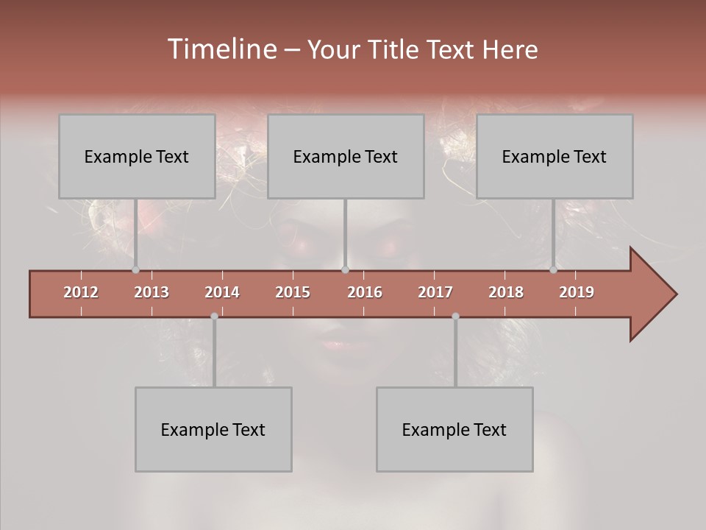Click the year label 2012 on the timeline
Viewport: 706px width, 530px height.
click(81, 292)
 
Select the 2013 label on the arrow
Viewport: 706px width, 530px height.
click(151, 292)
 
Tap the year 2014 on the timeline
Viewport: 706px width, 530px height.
click(222, 292)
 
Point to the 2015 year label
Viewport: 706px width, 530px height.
click(293, 292)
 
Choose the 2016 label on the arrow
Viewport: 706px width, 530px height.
click(365, 292)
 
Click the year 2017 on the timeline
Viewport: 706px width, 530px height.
click(435, 292)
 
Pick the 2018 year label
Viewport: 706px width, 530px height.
click(506, 292)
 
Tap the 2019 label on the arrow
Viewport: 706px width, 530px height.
click(577, 292)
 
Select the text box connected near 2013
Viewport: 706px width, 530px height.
click(137, 156)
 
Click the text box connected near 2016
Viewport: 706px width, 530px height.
click(346, 156)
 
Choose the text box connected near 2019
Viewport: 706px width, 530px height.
click(555, 156)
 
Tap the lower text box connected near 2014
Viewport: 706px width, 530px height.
click(213, 429)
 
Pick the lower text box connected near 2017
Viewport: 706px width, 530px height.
click(454, 429)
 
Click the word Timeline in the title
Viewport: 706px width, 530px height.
click(221, 49)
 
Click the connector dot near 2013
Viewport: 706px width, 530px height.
click(135, 270)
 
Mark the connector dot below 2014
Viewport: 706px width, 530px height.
click(214, 316)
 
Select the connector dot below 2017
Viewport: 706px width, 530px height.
click(455, 316)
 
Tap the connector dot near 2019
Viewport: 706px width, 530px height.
click(553, 270)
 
